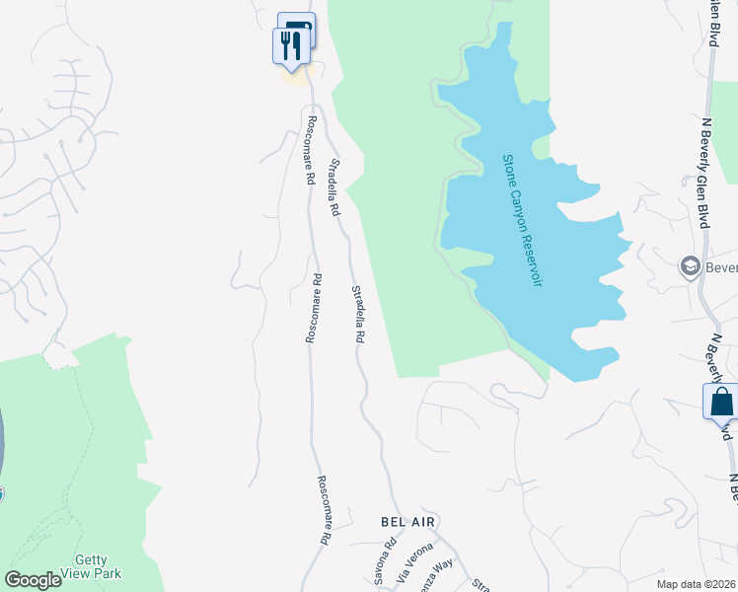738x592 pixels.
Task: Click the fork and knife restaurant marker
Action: pos(290,45)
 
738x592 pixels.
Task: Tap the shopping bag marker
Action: pos(720,403)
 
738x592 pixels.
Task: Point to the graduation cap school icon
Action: pos(691,265)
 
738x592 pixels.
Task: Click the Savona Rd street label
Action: pos(385,574)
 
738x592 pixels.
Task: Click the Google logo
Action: pos(33,580)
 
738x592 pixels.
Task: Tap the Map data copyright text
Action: pos(697,583)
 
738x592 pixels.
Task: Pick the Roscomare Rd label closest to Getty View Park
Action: pos(323,511)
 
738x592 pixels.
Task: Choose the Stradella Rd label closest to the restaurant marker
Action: pos(334,187)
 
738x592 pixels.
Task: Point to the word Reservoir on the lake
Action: pos(534,258)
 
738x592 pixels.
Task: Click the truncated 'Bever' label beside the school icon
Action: pos(720,266)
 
